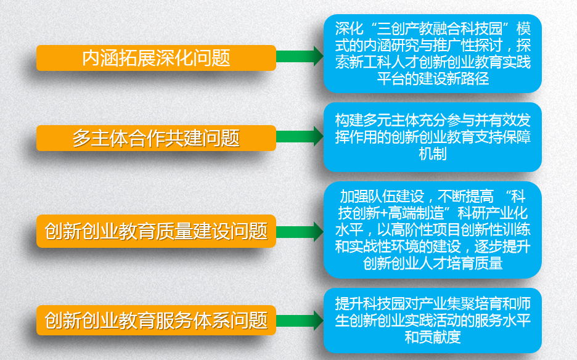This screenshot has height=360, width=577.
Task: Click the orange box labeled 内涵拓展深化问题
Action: [156, 58]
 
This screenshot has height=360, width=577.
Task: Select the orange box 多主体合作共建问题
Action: [156, 138]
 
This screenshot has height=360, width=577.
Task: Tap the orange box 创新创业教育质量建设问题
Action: [156, 231]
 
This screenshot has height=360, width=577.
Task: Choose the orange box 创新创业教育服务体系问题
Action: [156, 321]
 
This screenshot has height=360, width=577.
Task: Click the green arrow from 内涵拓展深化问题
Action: [300, 56]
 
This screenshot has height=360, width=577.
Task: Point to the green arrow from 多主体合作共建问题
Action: [300, 136]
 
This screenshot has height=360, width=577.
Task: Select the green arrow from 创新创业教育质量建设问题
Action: [300, 232]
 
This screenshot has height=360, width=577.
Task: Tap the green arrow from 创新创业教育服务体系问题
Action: [300, 321]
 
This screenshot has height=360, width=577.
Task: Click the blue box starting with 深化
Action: [432, 54]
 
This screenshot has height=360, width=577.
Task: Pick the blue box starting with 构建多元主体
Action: [432, 137]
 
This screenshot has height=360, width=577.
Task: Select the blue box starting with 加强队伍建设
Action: [432, 230]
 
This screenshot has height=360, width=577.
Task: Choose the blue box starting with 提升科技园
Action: [432, 321]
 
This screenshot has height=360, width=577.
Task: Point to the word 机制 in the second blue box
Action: [433, 153]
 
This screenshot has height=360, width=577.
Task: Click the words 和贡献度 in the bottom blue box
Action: [433, 337]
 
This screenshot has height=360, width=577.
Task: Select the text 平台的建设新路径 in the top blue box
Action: [433, 79]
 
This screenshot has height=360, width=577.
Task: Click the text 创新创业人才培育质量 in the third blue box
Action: [433, 264]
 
